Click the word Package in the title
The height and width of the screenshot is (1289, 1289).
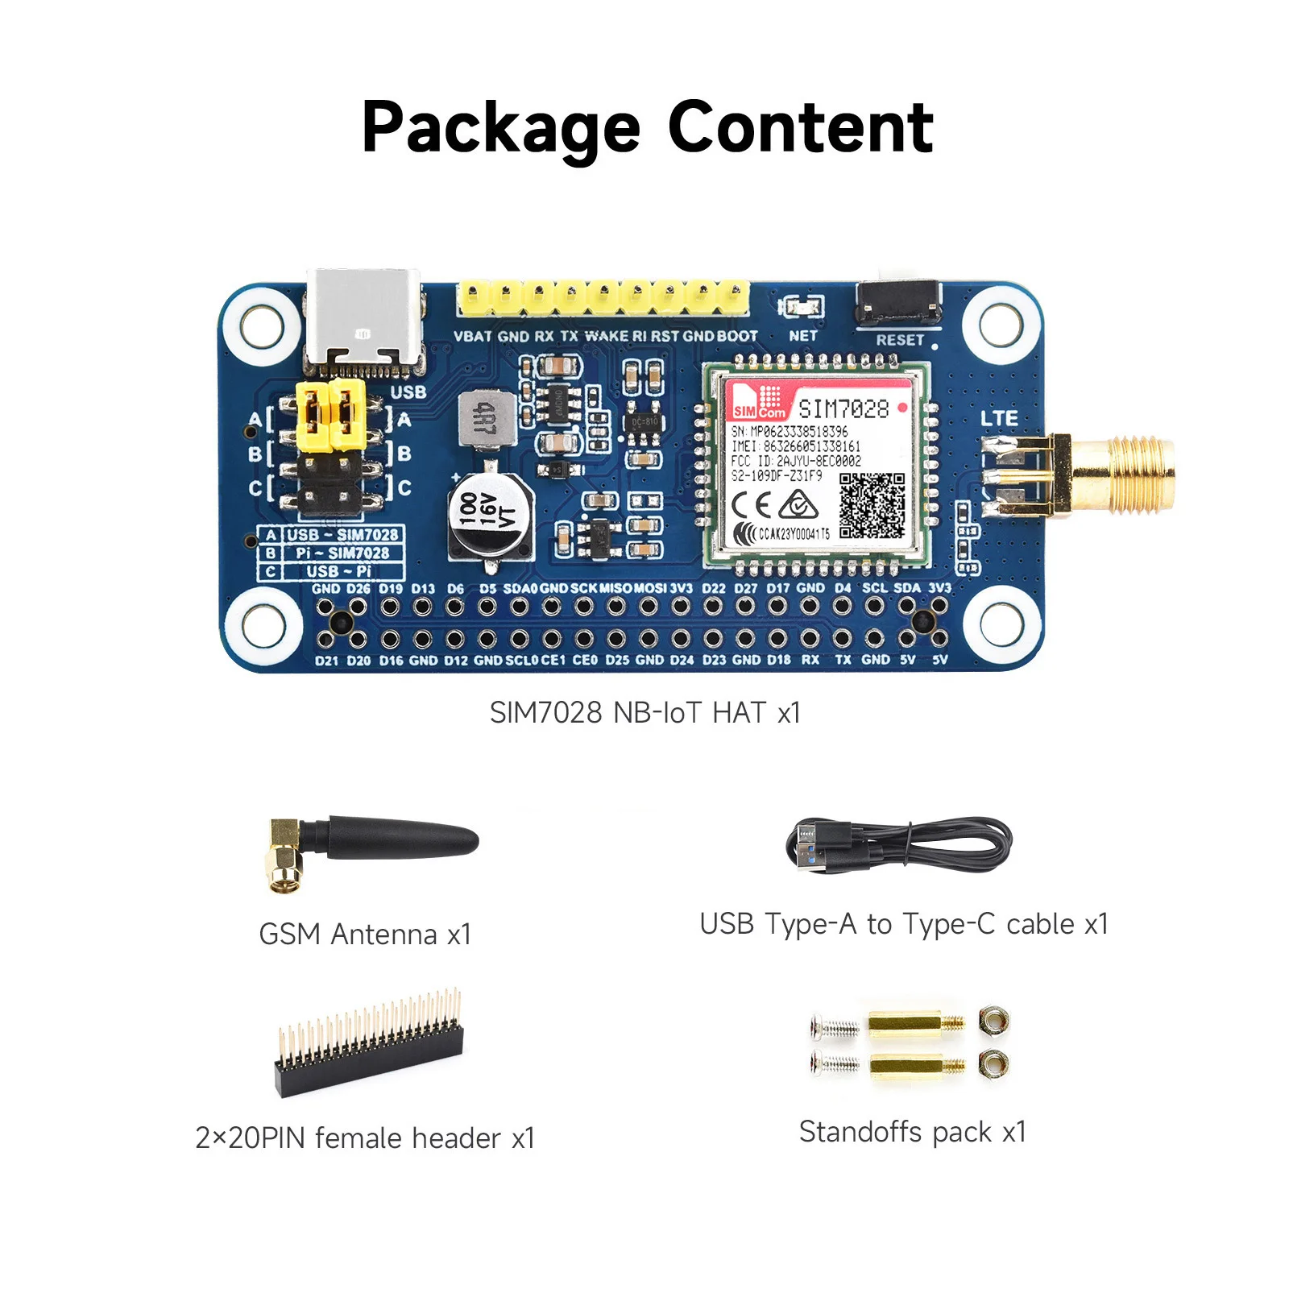point(500,129)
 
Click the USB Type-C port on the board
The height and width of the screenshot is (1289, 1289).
point(363,319)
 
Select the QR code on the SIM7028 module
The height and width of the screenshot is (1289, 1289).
point(872,505)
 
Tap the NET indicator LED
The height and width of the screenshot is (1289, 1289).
point(801,307)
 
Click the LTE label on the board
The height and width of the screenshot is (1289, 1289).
point(999,419)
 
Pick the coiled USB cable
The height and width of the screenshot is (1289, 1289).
point(898,846)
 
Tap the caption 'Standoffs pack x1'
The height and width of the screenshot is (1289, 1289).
point(912,1132)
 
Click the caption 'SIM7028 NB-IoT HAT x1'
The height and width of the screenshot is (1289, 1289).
point(644,713)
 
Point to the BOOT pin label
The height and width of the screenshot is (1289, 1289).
point(737,336)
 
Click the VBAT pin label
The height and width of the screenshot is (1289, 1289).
point(473,336)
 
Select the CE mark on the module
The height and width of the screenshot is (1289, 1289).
point(752,505)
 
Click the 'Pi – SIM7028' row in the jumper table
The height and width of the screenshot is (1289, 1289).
point(342,553)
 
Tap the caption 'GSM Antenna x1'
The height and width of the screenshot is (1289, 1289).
point(365,935)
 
